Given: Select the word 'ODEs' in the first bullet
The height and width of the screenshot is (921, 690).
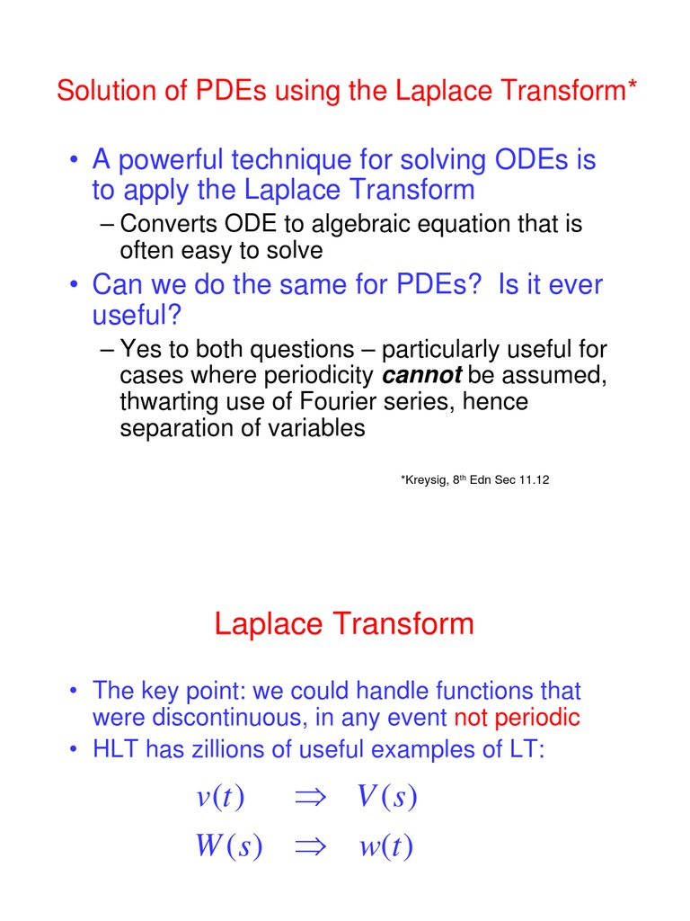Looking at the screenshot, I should click(x=532, y=161).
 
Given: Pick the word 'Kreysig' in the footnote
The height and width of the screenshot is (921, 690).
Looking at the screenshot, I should click(x=425, y=480).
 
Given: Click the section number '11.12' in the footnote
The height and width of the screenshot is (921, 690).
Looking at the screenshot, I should click(x=533, y=480).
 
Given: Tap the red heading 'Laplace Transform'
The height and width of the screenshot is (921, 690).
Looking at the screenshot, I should click(x=344, y=623).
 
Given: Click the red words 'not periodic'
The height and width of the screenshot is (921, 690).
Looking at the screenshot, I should click(x=517, y=718).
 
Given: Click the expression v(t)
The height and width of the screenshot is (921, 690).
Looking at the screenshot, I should click(x=220, y=797).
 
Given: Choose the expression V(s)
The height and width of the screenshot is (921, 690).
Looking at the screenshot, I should click(x=386, y=797).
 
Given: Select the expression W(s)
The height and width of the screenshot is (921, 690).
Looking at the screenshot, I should click(x=228, y=847).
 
